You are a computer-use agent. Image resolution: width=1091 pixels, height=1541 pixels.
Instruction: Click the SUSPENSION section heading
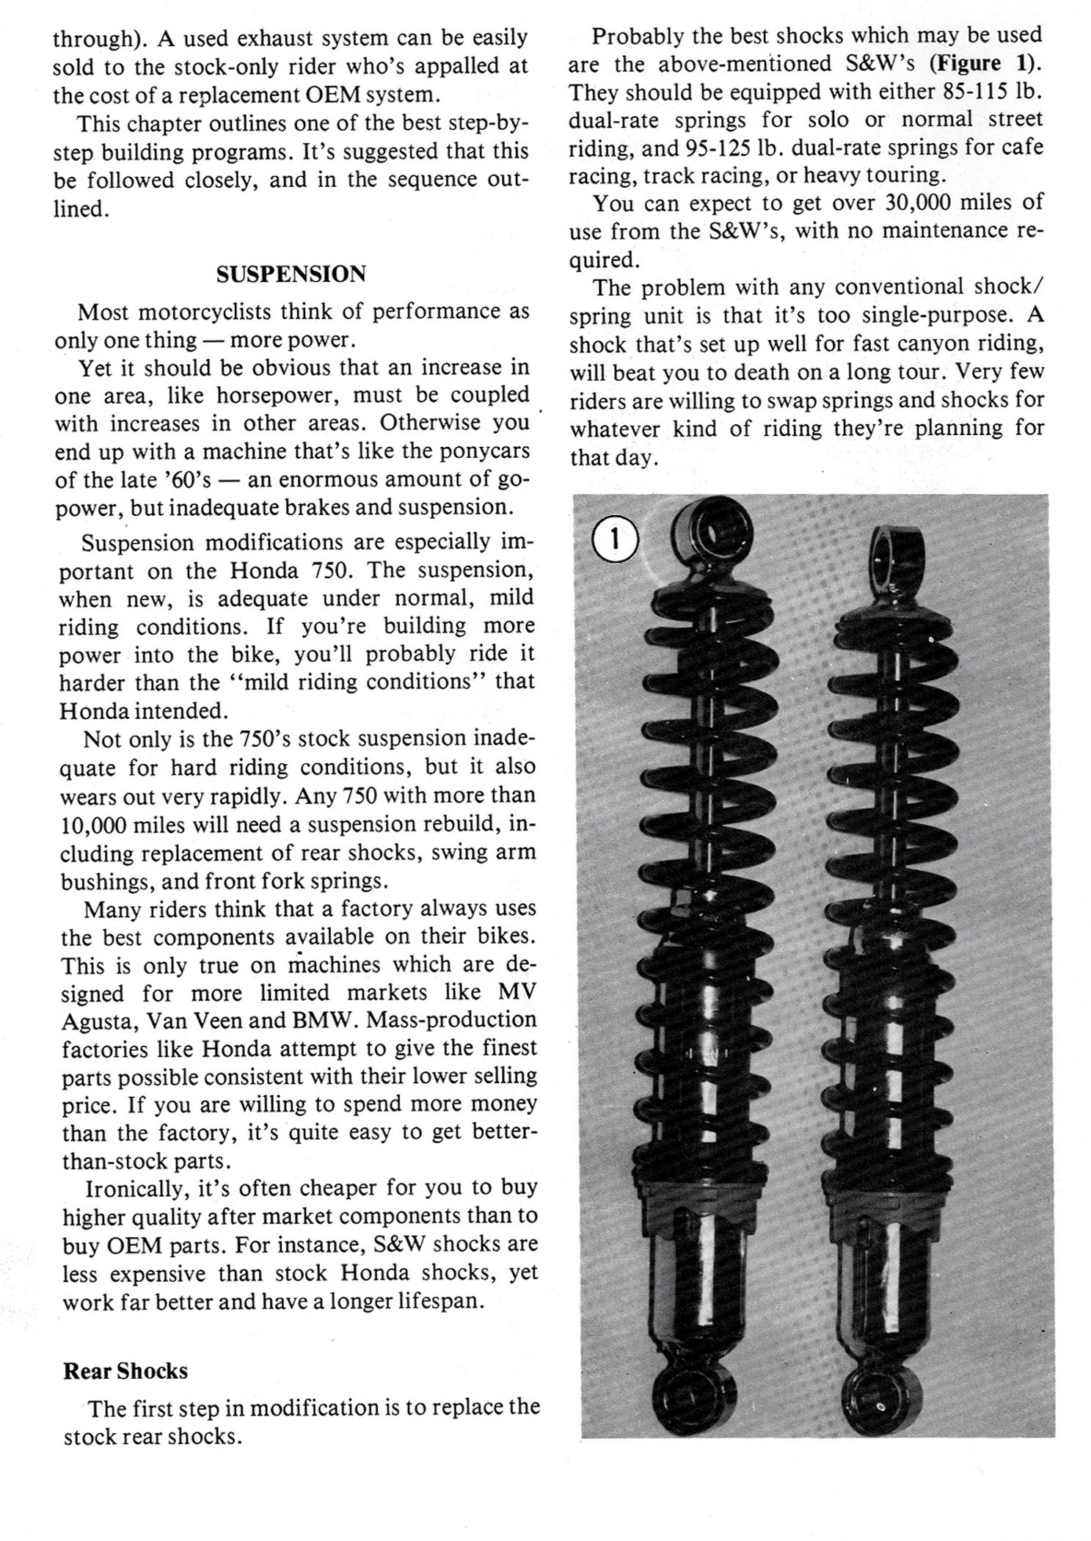pyautogui.click(x=291, y=274)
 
